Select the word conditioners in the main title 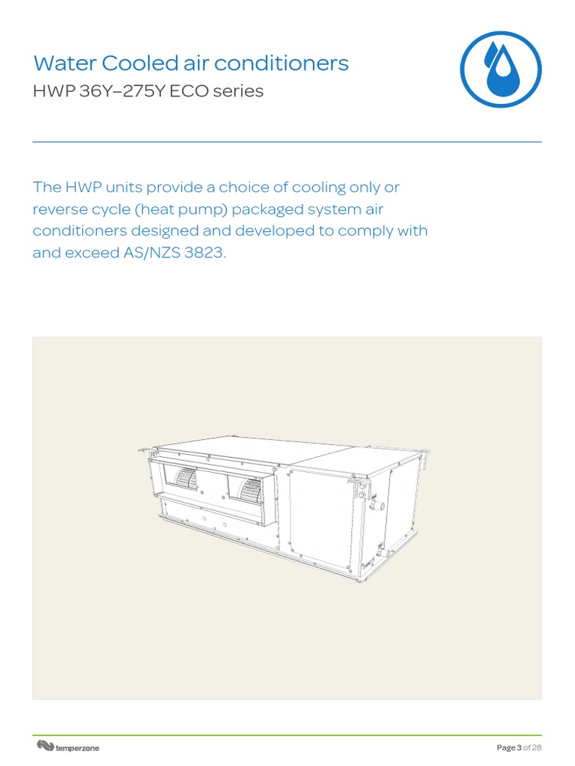click(296, 64)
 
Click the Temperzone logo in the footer click(68, 747)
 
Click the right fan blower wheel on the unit click(249, 488)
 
